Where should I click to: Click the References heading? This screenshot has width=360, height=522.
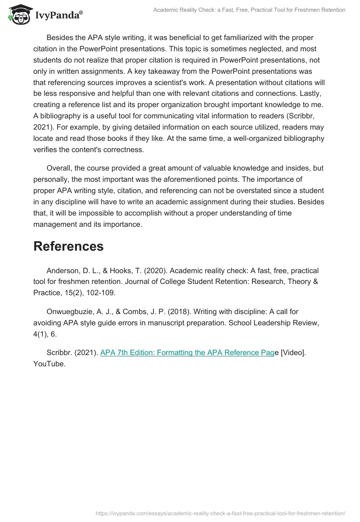68,246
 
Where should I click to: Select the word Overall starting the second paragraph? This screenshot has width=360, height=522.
60,168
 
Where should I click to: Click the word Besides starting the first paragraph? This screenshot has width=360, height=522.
61,37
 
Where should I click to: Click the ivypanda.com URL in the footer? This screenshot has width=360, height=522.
220,513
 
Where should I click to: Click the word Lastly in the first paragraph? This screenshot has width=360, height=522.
311,94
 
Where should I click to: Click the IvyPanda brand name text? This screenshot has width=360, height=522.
59,15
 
